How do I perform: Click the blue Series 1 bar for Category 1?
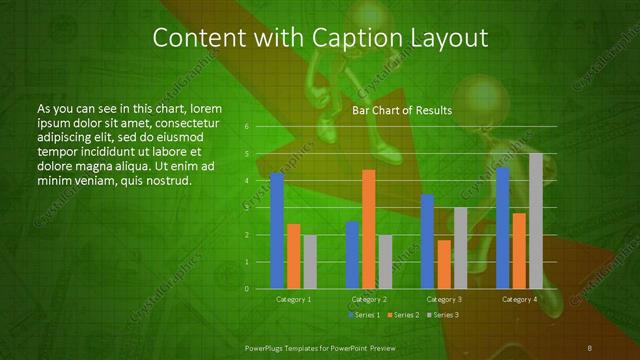[277, 230]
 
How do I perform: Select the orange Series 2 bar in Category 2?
[368, 229]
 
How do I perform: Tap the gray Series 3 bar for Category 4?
[535, 221]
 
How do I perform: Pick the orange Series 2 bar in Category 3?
[443, 264]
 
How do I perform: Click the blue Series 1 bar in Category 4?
[503, 228]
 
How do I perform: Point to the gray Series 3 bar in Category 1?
[310, 262]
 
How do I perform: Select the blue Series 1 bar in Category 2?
[352, 255]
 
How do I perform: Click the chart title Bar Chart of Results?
[403, 110]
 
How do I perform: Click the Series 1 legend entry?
[364, 315]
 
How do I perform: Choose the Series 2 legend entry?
[403, 315]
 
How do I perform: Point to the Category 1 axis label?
[294, 299]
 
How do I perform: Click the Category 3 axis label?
[444, 299]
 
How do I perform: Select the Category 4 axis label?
[519, 299]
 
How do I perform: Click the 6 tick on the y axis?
[246, 127]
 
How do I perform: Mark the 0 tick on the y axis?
[246, 289]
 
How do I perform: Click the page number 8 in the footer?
[590, 347]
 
